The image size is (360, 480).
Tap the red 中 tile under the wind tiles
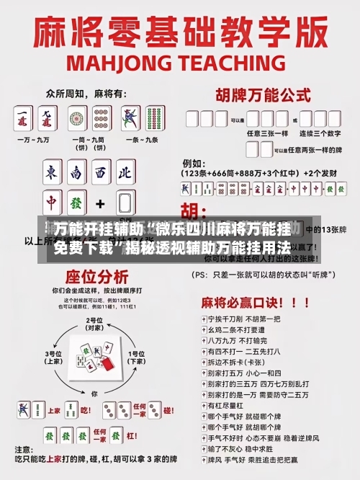(x=52, y=201)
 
